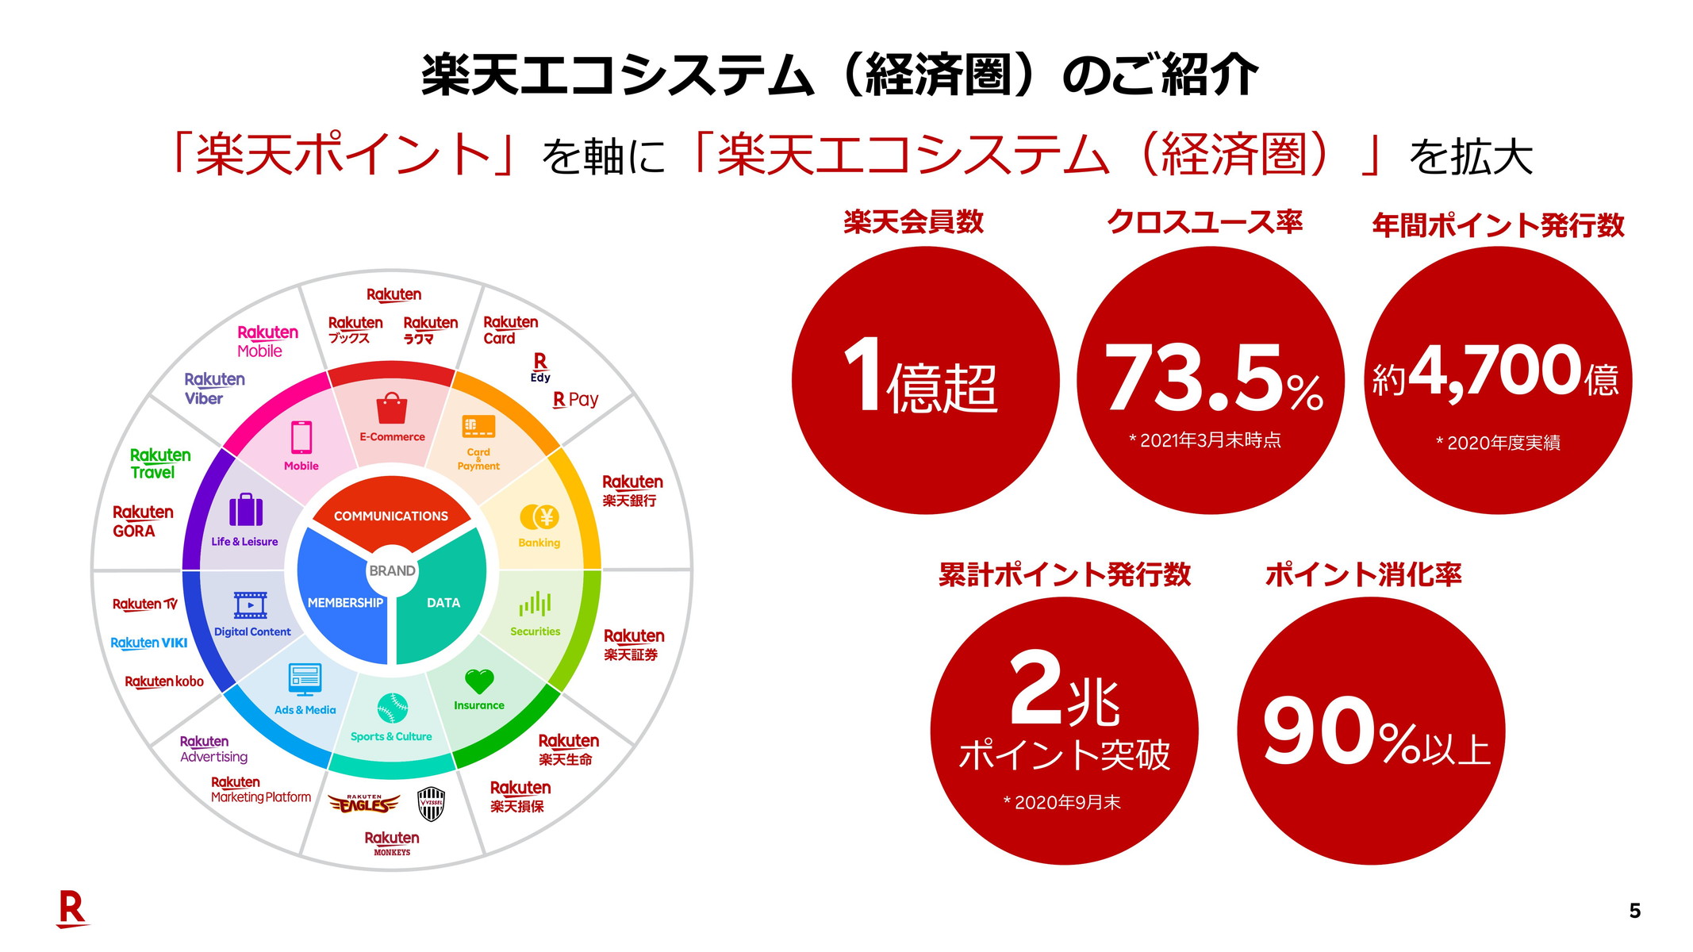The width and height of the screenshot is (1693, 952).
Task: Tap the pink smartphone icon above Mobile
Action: (x=301, y=437)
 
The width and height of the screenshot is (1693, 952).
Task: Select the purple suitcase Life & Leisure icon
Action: (x=246, y=510)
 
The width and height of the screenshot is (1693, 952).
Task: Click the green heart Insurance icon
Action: (x=479, y=681)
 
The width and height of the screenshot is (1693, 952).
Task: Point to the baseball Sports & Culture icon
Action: (x=392, y=708)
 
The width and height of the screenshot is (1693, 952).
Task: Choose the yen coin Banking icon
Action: (x=539, y=517)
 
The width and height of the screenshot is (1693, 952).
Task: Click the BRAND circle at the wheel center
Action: (x=392, y=570)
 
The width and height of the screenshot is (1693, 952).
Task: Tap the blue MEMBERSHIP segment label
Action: (x=345, y=603)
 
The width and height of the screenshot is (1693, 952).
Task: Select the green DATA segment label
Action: (x=443, y=603)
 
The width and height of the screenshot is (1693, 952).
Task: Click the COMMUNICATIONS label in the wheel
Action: (x=391, y=516)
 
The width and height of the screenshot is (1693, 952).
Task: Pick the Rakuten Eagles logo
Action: (x=364, y=804)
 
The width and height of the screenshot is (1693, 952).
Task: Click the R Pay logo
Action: (x=576, y=400)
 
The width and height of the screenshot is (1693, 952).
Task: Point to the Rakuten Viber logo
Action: (x=214, y=389)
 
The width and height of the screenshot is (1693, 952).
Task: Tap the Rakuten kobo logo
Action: (x=164, y=681)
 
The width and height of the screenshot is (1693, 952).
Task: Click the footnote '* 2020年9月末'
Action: (x=1062, y=803)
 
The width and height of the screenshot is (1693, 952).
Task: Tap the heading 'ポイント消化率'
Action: (x=1363, y=574)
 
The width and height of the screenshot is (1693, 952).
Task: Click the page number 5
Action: (x=1634, y=911)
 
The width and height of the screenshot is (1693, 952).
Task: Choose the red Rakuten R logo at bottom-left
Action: (x=72, y=908)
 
